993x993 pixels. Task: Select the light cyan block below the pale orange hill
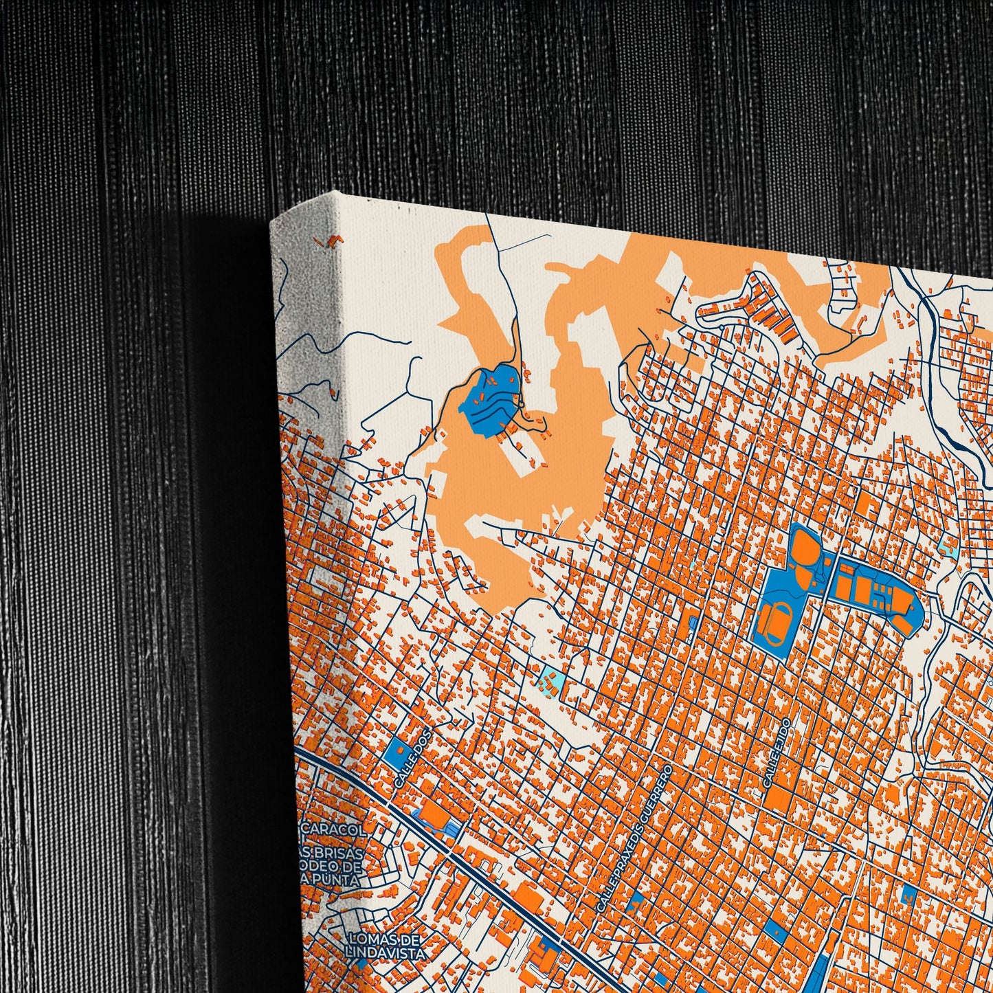click(x=552, y=682)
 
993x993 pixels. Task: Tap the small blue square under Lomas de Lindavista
click(x=362, y=963)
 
